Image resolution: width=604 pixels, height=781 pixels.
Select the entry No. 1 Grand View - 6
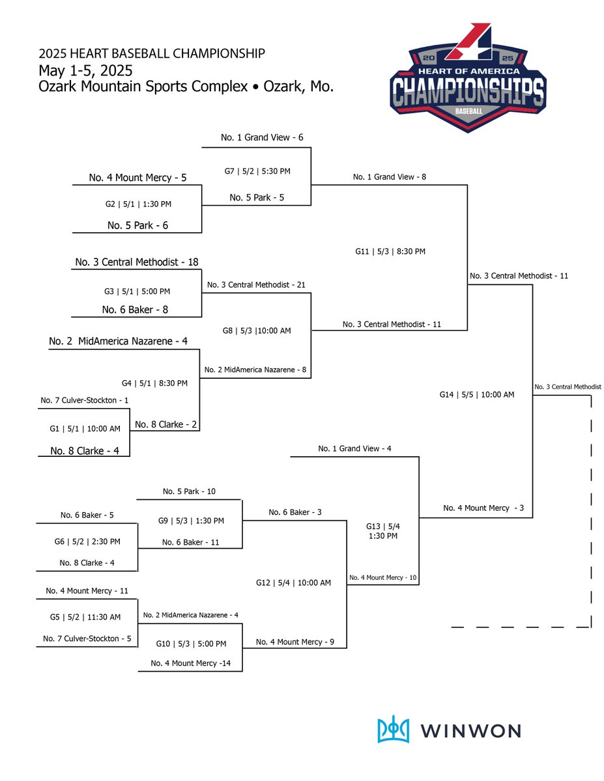point(262,137)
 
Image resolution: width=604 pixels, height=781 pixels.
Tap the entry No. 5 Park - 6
point(137,226)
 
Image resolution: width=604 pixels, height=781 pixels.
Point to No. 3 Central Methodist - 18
point(137,262)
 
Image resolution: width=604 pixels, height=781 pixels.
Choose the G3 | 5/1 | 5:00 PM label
point(138,292)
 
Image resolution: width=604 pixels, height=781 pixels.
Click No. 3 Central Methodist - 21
point(256,285)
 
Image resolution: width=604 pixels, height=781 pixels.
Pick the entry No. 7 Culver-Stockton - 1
point(84,400)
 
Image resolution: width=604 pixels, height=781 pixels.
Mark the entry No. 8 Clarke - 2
point(165,424)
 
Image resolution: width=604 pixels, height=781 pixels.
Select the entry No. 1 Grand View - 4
point(354,448)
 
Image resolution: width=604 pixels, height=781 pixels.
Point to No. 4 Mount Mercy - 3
point(483,508)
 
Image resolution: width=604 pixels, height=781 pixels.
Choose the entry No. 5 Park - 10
point(189,491)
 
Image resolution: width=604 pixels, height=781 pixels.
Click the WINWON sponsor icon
point(394,730)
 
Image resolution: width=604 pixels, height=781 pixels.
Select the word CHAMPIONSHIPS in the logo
point(468,92)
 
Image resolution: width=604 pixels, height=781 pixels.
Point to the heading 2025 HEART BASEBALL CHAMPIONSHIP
point(151,53)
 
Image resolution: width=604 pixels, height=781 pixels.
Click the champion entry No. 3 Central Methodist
point(568,387)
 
